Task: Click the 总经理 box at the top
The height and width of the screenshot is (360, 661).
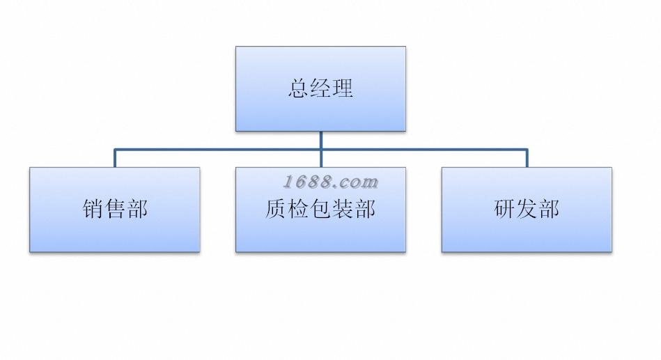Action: (321, 89)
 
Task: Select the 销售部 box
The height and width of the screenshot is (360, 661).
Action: (115, 210)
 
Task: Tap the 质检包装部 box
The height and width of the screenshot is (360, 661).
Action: (321, 210)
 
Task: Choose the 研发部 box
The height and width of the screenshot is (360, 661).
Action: (527, 210)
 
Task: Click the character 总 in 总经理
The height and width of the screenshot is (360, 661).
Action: (299, 88)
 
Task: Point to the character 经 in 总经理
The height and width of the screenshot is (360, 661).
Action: (321, 88)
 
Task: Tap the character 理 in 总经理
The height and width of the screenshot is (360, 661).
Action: (343, 88)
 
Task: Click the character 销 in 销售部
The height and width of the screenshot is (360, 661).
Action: (93, 209)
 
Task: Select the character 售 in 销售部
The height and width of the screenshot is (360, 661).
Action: (115, 209)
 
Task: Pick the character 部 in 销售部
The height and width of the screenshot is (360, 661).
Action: (137, 209)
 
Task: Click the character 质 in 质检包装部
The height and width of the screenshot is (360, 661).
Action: (276, 209)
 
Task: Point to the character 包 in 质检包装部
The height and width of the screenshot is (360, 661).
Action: (321, 209)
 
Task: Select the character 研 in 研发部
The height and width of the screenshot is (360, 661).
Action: (504, 209)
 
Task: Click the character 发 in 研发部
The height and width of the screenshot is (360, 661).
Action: (527, 209)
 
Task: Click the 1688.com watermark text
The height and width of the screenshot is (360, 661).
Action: (330, 182)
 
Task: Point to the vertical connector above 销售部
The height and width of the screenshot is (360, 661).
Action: (115, 158)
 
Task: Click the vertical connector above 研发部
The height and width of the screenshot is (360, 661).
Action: (527, 158)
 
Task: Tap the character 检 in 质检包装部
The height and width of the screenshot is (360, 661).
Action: (299, 209)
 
